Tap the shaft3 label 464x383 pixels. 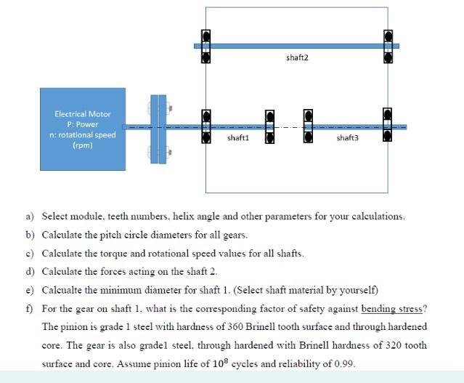tap(348, 137)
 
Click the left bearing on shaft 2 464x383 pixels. tap(206, 45)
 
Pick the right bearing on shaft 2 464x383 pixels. tap(388, 45)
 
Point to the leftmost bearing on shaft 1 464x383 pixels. tap(206, 126)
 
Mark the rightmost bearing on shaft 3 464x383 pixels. tap(388, 126)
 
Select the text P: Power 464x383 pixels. tap(82, 124)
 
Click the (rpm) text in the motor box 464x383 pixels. tap(82, 145)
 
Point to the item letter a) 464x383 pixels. tap(30, 217)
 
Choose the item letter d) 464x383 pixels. tap(30, 272)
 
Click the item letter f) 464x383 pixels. tap(30, 309)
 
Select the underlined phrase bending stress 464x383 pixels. tap(398, 309)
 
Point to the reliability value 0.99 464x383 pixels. tap(343, 364)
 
